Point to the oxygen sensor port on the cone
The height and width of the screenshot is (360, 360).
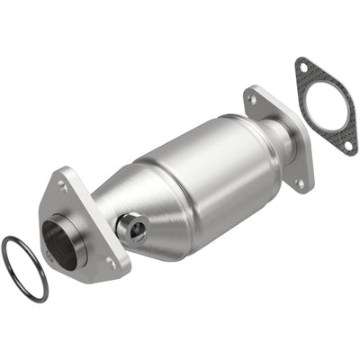coord(133,229)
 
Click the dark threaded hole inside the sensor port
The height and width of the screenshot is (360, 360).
coord(136,229)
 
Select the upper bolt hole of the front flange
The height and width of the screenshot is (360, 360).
coord(62,184)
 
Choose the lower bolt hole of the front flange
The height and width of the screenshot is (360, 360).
coord(111,263)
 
